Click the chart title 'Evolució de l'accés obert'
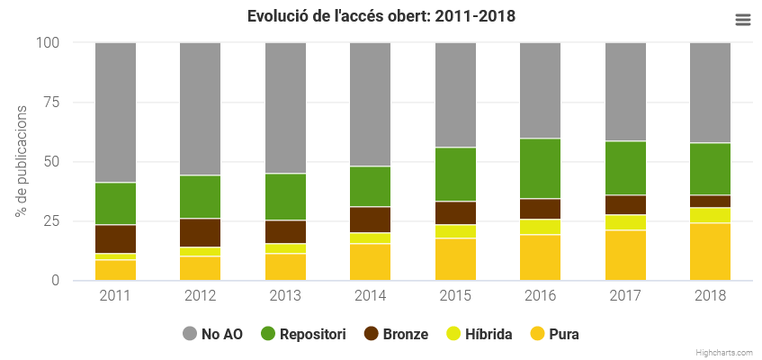click(381, 16)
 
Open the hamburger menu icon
click(742, 20)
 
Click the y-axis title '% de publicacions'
click(21, 161)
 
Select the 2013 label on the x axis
click(285, 296)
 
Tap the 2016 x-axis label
click(541, 296)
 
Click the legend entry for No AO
click(212, 334)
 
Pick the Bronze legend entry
click(396, 334)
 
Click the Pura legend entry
click(554, 334)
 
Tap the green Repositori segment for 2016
click(541, 168)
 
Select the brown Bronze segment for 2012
click(201, 232)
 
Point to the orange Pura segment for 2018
click(711, 252)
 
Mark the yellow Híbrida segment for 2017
click(625, 222)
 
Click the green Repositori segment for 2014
click(371, 186)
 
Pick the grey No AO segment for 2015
click(455, 94)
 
